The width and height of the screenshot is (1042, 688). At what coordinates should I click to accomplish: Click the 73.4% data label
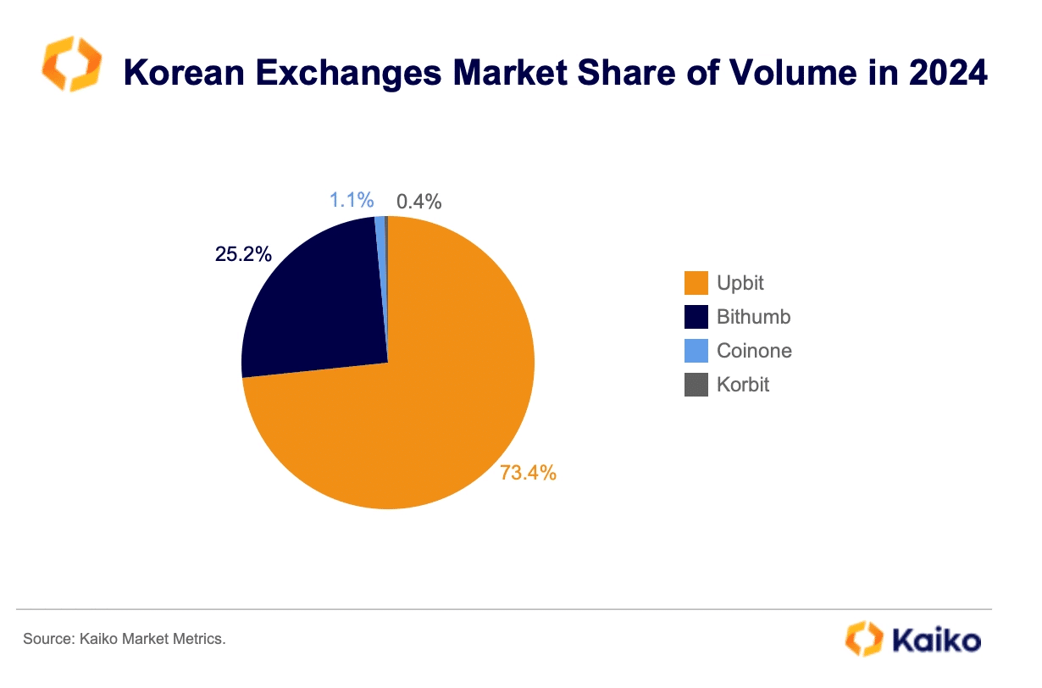coord(528,473)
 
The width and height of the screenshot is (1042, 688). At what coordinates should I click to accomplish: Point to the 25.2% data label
coord(243,253)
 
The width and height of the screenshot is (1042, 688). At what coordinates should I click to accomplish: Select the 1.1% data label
coord(352,201)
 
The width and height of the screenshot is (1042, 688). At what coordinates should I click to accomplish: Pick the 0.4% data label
coord(419,202)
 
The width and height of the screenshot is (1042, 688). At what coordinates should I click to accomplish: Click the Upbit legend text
coord(740,283)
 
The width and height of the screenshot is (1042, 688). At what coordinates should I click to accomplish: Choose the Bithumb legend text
coord(753,317)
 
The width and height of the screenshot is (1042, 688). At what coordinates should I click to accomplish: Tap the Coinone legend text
coord(754,351)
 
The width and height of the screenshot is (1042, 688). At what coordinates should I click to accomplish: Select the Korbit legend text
coord(743,385)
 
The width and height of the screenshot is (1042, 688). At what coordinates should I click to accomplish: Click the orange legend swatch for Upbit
coord(696,283)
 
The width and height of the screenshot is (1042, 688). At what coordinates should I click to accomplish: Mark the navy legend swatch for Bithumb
coord(696,317)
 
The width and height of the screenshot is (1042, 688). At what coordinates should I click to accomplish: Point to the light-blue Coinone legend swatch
coord(696,351)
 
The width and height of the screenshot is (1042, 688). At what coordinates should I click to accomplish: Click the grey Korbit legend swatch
coord(696,385)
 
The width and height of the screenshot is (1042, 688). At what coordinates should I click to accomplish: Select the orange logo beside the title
coord(72,64)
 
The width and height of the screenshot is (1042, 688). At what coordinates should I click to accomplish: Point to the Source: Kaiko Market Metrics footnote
coord(125,638)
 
